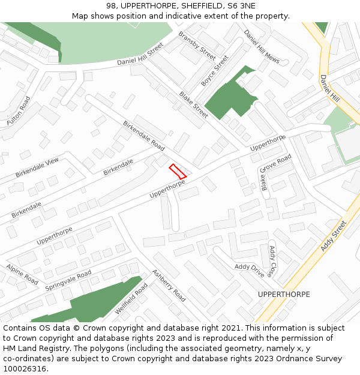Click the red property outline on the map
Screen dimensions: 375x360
(178, 171)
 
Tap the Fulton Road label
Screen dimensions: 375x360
(18, 111)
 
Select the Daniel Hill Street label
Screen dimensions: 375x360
(140, 53)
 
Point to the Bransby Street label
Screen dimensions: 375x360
(197, 45)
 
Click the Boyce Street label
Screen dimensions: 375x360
(215, 71)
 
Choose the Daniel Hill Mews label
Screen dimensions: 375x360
(262, 46)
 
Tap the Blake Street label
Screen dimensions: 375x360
(194, 104)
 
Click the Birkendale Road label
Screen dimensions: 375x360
(143, 136)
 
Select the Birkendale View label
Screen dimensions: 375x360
(37, 169)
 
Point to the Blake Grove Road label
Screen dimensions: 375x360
(276, 172)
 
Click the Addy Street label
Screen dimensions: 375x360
(334, 236)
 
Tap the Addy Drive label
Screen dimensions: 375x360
(249, 270)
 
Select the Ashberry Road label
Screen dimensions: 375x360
(169, 285)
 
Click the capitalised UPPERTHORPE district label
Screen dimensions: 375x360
(284, 295)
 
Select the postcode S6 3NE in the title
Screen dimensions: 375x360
(238, 5)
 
